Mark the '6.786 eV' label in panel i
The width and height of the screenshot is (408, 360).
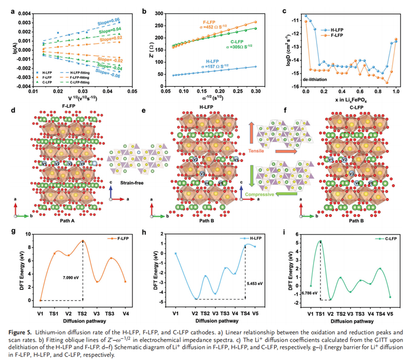click(x=306, y=294)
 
